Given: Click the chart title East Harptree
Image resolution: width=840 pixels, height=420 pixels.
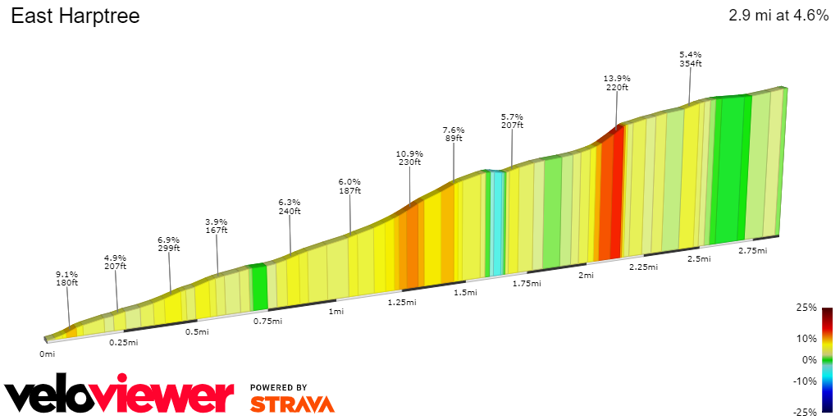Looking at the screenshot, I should pos(75,16).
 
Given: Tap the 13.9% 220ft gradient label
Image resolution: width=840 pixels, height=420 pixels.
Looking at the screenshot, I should pos(617,83).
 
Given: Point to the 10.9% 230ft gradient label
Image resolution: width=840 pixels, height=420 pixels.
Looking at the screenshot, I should pos(409,157).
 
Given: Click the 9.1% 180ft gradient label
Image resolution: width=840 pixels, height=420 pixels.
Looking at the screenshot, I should pos(67,279).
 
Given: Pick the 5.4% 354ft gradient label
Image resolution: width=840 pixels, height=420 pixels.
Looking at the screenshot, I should pos(690,59).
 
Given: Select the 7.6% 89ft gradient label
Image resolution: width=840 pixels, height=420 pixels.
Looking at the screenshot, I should pos(454,135).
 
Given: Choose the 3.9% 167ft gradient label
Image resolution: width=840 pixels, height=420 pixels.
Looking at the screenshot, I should pos(217,226).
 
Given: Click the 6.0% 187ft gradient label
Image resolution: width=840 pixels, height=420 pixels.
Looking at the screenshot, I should pos(349,186).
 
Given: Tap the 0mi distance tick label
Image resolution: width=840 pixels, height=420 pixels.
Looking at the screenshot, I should pos(47,354).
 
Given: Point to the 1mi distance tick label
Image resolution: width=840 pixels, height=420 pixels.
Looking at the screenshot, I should pos(336,312).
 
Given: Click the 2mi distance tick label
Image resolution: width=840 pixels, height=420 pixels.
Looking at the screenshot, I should pos(586,275).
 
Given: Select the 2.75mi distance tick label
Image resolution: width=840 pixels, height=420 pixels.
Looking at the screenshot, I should pos(752,251).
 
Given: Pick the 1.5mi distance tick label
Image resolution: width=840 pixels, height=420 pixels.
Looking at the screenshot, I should pos(465,293).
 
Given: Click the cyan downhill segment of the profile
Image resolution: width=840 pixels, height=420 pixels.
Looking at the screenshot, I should pos(497,221).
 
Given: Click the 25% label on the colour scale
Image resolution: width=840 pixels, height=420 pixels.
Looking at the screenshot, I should pos(807,308).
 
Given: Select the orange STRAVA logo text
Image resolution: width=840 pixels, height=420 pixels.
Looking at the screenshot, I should pos(292,404).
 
